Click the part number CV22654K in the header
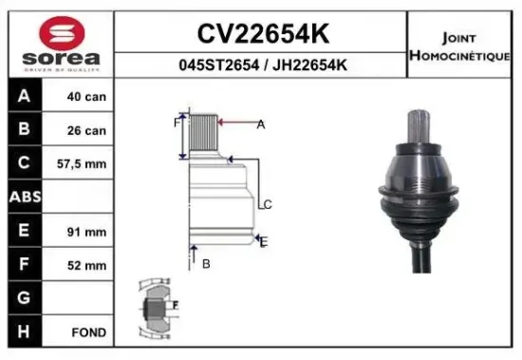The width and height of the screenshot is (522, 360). coord(262,33)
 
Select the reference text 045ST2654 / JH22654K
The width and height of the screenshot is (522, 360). coord(262,65)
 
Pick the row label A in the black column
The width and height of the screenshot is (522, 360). coord(23,97)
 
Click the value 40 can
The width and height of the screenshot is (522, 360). coord(87,97)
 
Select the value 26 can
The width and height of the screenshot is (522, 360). coord(87,130)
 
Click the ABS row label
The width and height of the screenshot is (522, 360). coord(23,197)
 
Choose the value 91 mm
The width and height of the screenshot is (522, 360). coord(87,231)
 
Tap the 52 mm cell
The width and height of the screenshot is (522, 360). coord(87,264)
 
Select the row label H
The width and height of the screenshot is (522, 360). coord(23,332)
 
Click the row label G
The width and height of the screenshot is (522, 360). coord(23,298)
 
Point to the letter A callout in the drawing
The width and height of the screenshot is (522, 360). coord(260,124)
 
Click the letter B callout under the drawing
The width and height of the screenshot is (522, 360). coord(206,263)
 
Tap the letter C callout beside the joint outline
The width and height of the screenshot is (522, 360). coord(269,204)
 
